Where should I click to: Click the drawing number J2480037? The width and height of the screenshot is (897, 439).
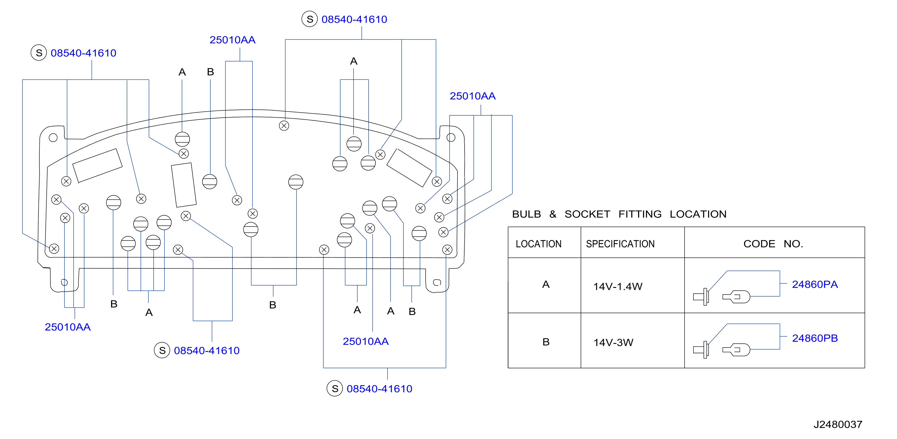click(838, 424)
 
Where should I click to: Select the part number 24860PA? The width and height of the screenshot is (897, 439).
click(815, 284)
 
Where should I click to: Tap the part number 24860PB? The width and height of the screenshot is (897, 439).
click(815, 338)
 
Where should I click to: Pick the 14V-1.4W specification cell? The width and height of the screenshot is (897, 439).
click(618, 286)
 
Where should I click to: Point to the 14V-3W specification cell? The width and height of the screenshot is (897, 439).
click(613, 342)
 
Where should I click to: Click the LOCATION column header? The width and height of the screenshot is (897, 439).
click(539, 244)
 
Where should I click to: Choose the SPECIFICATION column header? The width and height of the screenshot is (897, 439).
click(620, 244)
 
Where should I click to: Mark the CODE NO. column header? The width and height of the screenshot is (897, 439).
click(773, 244)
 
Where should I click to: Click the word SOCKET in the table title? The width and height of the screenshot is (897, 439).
click(587, 214)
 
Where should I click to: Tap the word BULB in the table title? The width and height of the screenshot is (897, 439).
click(527, 214)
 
